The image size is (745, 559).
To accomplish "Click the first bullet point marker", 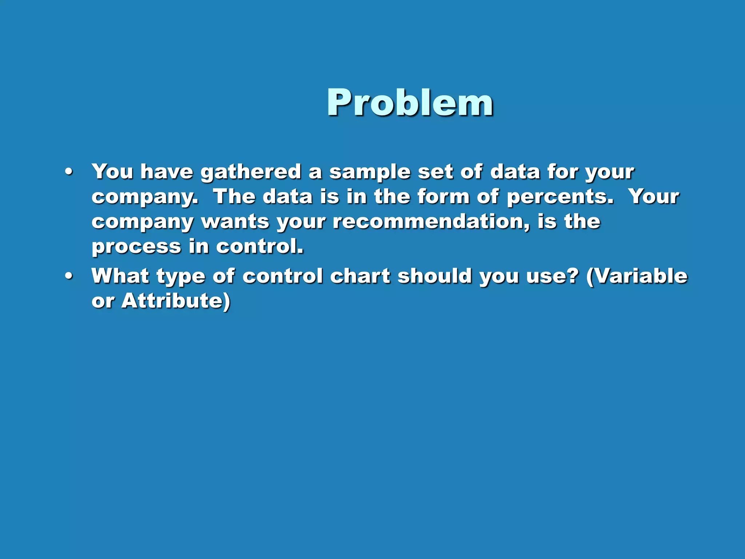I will pyautogui.click(x=69, y=172).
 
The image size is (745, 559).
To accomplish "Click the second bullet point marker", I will pyautogui.click(x=69, y=276).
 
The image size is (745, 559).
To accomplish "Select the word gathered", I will pyautogui.click(x=251, y=172).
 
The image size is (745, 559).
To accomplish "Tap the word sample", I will pyautogui.click(x=370, y=172).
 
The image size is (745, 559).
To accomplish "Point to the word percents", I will pyautogui.click(x=560, y=197).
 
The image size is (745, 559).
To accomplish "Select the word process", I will pyautogui.click(x=136, y=247).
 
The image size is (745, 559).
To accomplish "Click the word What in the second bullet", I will pyautogui.click(x=120, y=276).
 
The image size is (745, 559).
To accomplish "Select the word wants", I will pyautogui.click(x=235, y=222).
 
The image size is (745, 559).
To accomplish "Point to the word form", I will pyautogui.click(x=443, y=197).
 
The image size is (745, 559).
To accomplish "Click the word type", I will pyautogui.click(x=181, y=277).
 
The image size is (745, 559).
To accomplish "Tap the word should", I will pyautogui.click(x=434, y=276).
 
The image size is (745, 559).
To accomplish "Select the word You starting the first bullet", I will pyautogui.click(x=112, y=172).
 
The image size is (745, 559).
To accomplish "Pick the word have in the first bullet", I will pyautogui.click(x=167, y=172).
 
